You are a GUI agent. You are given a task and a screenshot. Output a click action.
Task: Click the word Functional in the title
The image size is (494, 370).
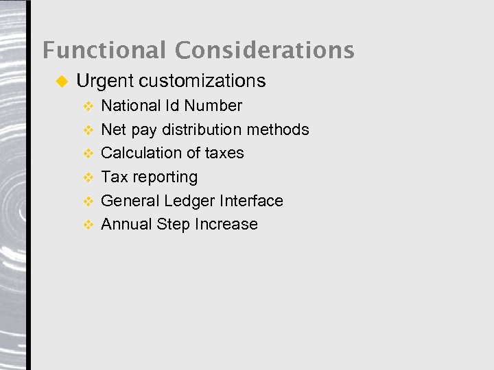click(x=104, y=50)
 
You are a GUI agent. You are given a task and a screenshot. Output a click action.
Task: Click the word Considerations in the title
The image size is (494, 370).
click(x=264, y=50)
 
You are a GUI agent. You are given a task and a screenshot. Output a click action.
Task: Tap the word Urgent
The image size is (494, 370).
click(x=104, y=82)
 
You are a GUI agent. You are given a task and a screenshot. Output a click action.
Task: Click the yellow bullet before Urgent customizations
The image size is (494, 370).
click(x=60, y=82)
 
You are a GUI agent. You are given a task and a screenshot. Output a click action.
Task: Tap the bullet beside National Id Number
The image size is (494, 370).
click(x=87, y=106)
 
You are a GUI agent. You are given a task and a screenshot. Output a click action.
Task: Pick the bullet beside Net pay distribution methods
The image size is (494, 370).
click(x=87, y=130)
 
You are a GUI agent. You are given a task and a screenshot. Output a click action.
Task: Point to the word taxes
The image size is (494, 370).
click(x=224, y=153)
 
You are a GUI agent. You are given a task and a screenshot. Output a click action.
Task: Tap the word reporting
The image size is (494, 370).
click(x=166, y=177)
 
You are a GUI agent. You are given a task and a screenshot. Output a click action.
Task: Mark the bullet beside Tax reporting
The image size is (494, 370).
click(x=87, y=177)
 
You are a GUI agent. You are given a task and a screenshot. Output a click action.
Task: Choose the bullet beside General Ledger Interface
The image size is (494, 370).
click(x=87, y=201)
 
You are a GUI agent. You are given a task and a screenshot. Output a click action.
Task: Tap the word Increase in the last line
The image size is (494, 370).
click(x=226, y=224)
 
